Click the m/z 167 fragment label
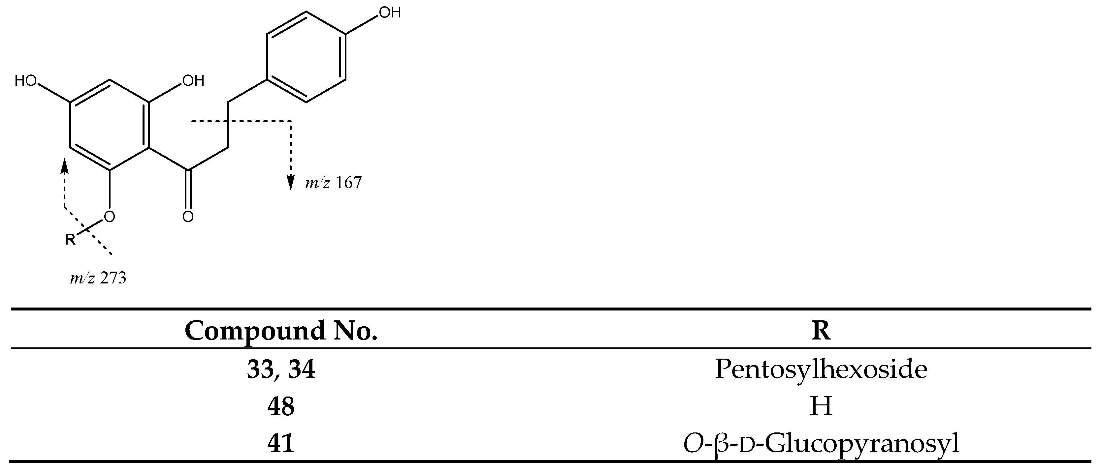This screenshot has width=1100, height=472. (x=334, y=183)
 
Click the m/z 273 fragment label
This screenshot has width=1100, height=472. (x=98, y=278)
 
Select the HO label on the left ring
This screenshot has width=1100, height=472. (x=26, y=81)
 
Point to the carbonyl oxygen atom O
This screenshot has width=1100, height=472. (x=188, y=216)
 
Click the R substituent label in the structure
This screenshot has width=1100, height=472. (x=70, y=239)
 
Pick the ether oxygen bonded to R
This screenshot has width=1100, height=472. (x=110, y=216)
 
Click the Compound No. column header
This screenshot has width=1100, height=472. (x=281, y=331)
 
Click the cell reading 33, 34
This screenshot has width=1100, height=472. (x=281, y=369)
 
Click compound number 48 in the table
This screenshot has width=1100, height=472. (x=281, y=406)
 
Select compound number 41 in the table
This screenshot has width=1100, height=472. (x=281, y=443)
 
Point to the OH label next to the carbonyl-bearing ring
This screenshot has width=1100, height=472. (x=193, y=81)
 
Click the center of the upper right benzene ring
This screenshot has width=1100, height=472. (x=306, y=57)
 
